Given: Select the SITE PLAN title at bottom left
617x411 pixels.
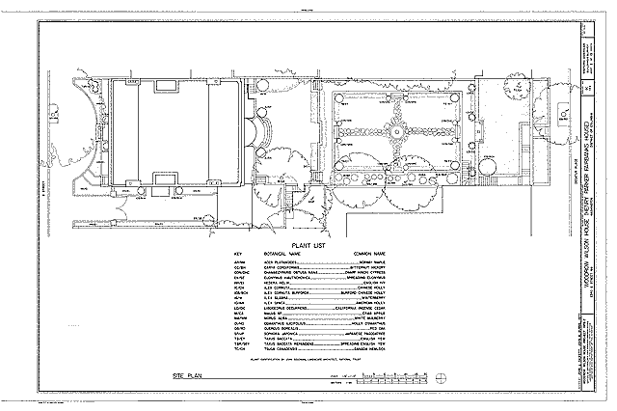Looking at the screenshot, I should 193,371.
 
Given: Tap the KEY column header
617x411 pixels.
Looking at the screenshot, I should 237,254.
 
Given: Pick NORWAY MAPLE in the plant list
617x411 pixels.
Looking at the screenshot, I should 377,261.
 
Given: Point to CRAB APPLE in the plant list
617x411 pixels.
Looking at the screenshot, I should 377,313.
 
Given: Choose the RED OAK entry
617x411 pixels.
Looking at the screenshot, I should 380,329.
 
